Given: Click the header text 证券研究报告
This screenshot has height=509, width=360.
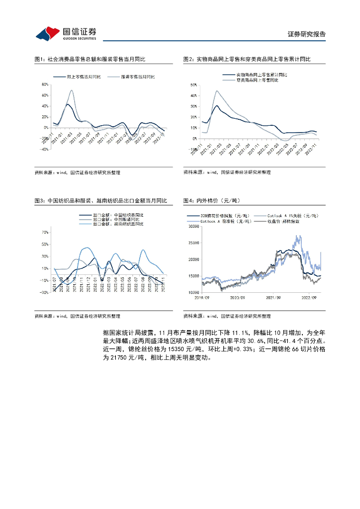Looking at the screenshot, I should [306, 34].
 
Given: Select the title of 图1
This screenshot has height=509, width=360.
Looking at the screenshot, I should [90, 59].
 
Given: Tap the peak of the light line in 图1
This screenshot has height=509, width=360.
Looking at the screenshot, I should [72, 90].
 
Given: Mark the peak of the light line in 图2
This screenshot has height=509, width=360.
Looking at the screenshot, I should [217, 91].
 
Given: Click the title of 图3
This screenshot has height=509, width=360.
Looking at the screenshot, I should [101, 200].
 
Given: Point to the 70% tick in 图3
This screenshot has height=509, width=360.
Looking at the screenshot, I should [45, 232].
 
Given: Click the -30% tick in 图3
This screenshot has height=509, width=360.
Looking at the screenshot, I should [44, 293].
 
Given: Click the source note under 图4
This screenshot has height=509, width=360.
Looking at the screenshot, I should [227, 316].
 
